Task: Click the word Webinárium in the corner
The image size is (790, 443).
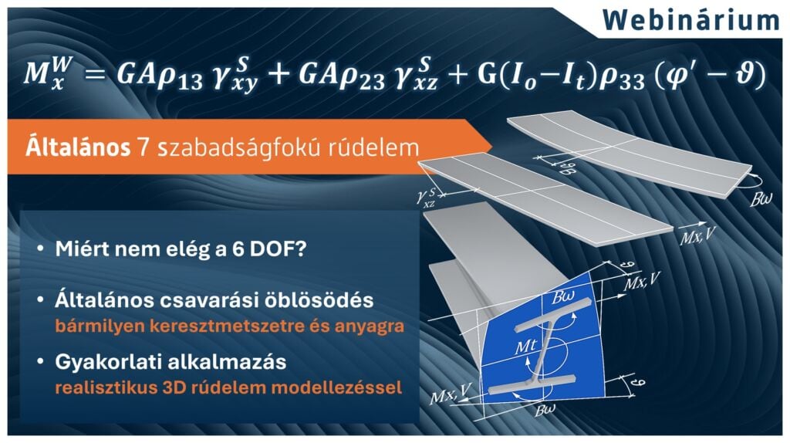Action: pyautogui.click(x=691, y=19)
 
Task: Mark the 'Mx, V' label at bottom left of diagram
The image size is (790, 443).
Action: pyautogui.click(x=448, y=397)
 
